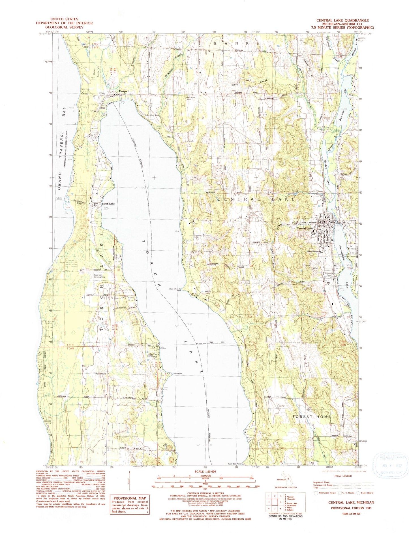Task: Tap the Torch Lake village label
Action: point(108,204)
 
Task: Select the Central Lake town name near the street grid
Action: point(305,228)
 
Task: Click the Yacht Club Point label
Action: point(234,464)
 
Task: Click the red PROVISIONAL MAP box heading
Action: point(130,498)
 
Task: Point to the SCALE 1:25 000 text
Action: point(204,471)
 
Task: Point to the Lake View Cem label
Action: point(152,115)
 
